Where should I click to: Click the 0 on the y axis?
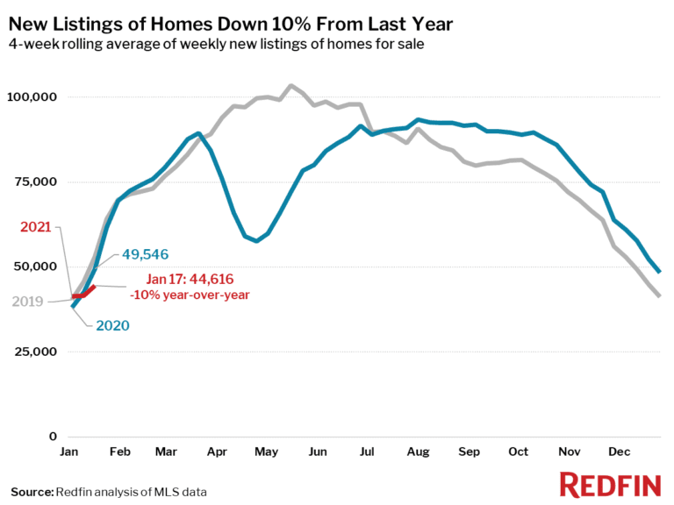tap(54, 437)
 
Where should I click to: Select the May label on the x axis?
tap(266, 452)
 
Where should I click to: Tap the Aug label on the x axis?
tap(419, 452)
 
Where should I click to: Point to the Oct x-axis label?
tap(519, 452)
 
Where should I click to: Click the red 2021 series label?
tap(37, 228)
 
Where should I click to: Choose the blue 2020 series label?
tap(112, 325)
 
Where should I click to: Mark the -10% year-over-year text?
tap(190, 295)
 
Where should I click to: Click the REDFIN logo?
tap(609, 484)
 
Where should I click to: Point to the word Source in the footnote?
tap(31, 491)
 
